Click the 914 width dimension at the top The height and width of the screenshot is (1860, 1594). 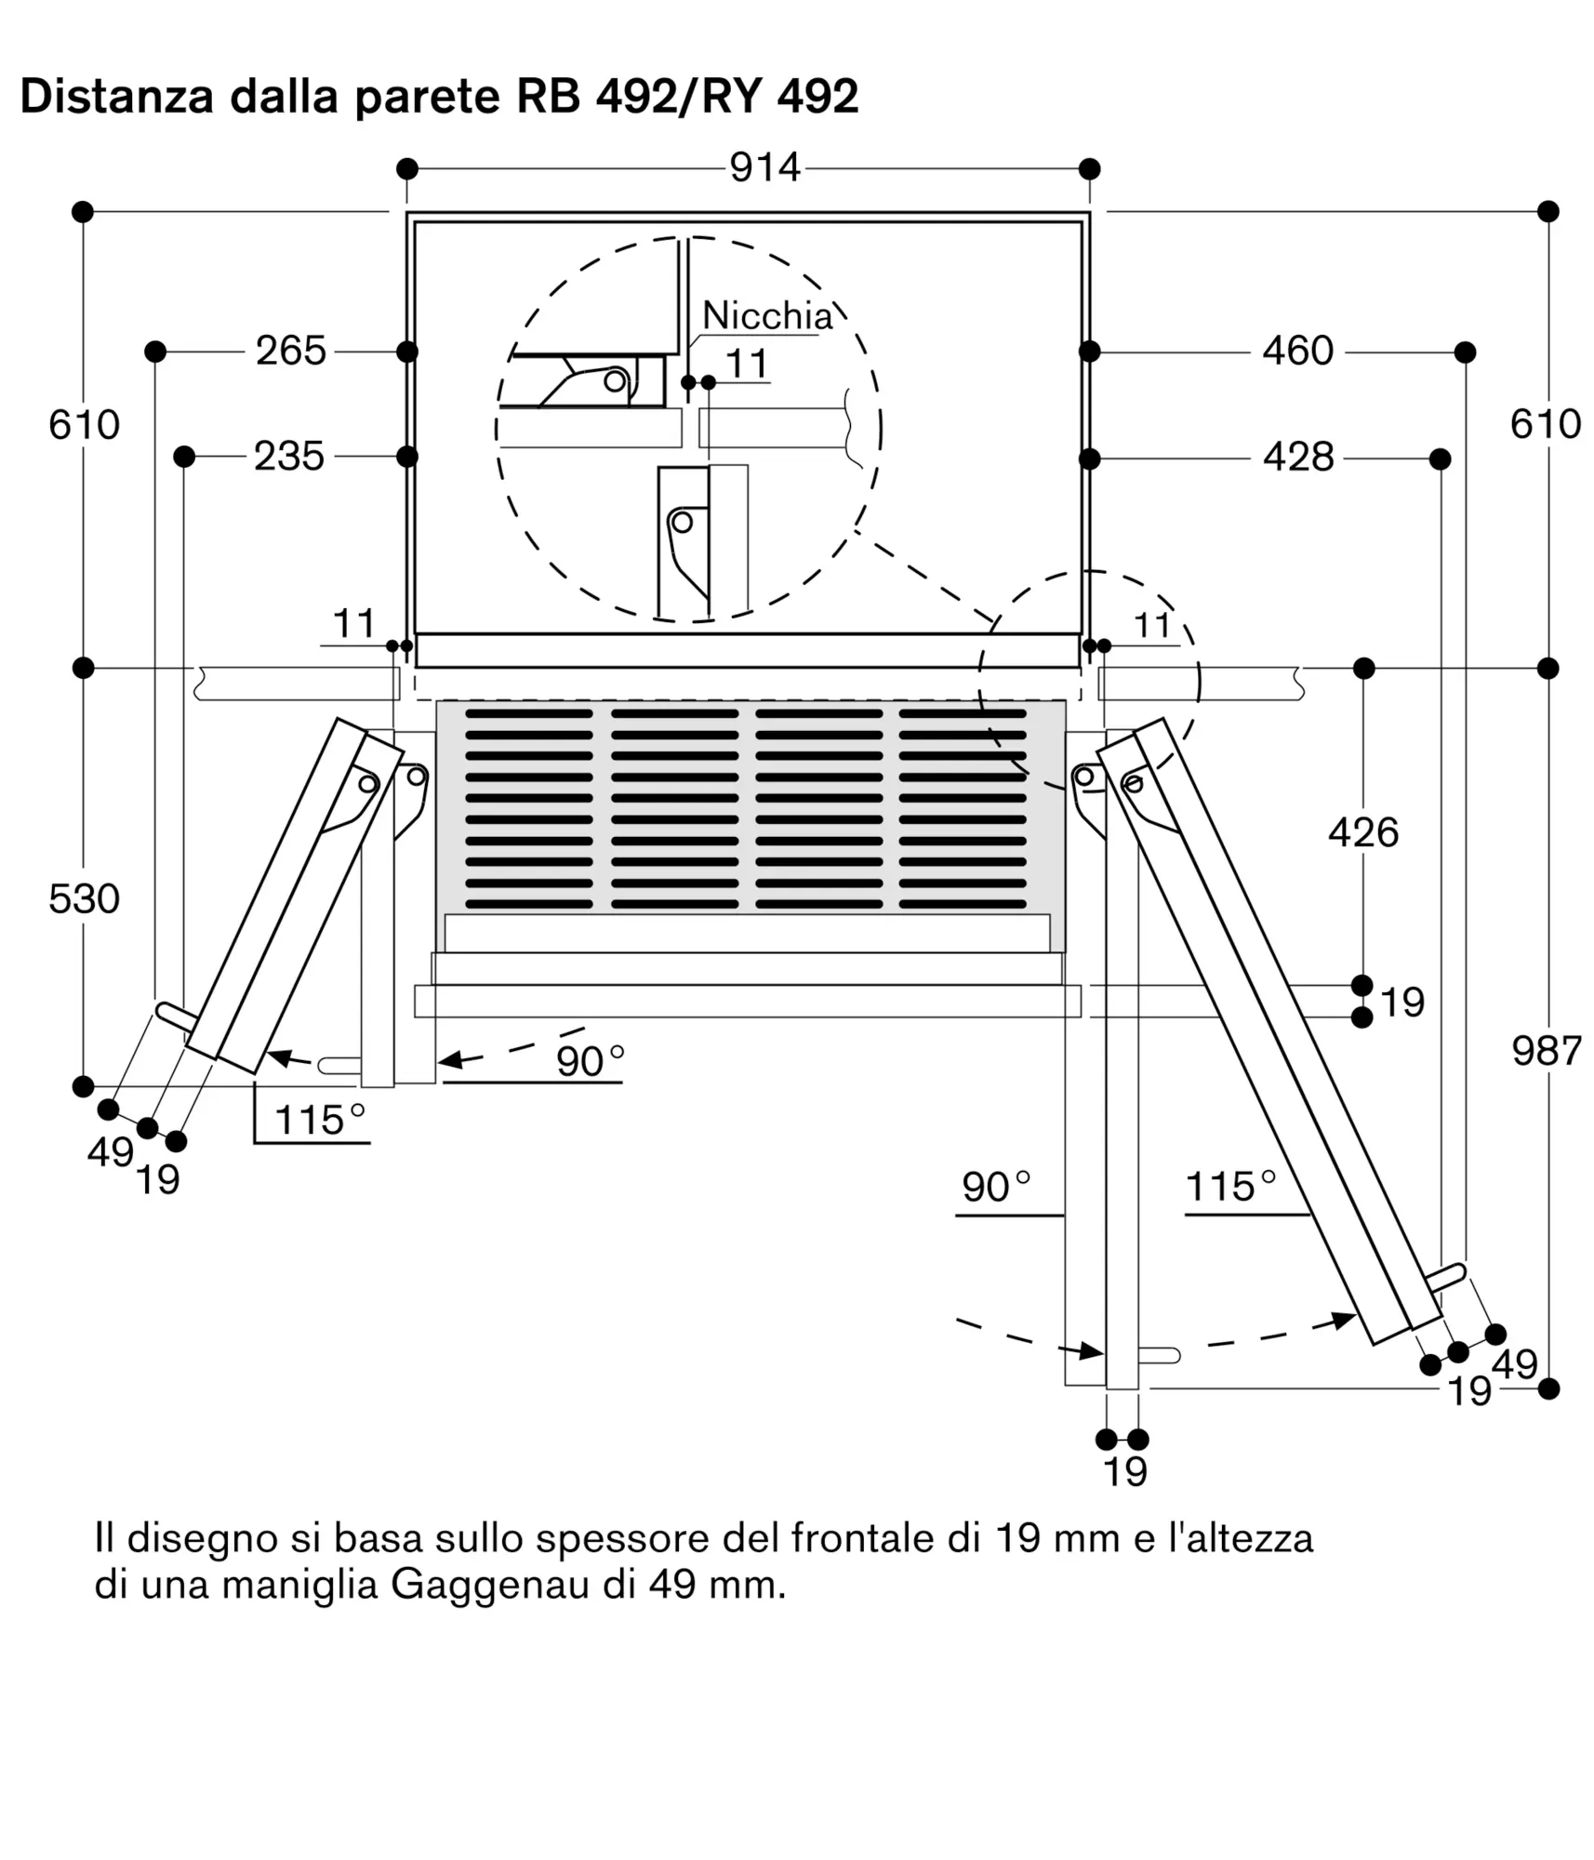764,167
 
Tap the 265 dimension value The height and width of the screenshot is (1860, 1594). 291,351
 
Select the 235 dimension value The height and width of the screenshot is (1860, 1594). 289,457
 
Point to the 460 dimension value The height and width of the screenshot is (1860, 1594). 1297,351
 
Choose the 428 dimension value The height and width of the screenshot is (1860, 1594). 1298,457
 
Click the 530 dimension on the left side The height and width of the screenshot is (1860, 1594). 85,898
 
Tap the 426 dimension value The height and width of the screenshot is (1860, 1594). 1363,832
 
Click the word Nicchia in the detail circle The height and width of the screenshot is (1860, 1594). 767,315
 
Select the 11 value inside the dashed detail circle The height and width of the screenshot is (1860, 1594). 747,364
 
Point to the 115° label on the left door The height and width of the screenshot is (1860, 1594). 320,1120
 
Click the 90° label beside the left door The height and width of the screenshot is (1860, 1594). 590,1061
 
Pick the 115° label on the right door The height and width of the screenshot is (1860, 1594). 1230,1187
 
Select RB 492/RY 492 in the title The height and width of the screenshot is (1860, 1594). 687,97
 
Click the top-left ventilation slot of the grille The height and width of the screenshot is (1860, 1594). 529,714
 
